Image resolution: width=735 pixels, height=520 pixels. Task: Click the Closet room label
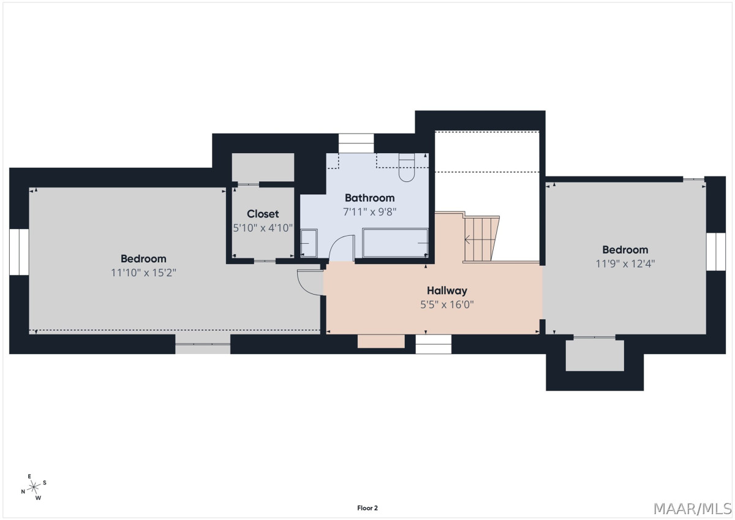pyautogui.click(x=263, y=214)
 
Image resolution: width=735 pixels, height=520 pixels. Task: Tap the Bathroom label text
pyautogui.click(x=369, y=198)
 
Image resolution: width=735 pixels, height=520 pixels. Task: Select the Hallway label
pyautogui.click(x=447, y=291)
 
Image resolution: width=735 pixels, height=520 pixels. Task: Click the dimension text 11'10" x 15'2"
pyautogui.click(x=143, y=273)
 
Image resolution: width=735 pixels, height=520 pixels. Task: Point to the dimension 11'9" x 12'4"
pyautogui.click(x=625, y=264)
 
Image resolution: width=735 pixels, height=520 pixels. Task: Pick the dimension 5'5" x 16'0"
pyautogui.click(x=447, y=305)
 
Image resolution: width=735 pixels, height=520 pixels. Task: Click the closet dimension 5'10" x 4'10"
pyautogui.click(x=263, y=228)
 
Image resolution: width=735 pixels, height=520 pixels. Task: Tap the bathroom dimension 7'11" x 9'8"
pyautogui.click(x=369, y=212)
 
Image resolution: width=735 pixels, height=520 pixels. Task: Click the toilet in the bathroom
pyautogui.click(x=407, y=167)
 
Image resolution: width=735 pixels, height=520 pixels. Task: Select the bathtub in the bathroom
pyautogui.click(x=396, y=243)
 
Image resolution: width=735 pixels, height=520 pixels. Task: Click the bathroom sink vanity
pyautogui.click(x=309, y=243)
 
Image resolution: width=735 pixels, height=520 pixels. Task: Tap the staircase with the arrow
pyautogui.click(x=481, y=239)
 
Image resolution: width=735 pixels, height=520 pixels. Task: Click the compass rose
pyautogui.click(x=34, y=487)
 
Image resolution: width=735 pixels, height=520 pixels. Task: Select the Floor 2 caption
pyautogui.click(x=367, y=508)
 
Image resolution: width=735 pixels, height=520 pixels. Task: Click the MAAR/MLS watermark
pyautogui.click(x=693, y=509)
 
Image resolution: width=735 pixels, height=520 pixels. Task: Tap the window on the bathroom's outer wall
pyautogui.click(x=356, y=143)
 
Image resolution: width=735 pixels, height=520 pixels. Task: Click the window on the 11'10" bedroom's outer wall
pyautogui.click(x=19, y=252)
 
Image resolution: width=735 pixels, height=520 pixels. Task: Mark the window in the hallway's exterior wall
pyautogui.click(x=434, y=344)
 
